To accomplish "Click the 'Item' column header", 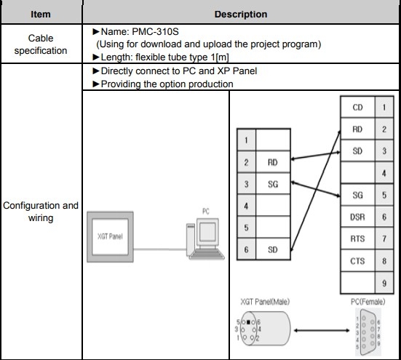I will (41, 14).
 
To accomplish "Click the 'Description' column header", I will (240, 14).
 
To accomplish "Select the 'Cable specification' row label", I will (41, 43).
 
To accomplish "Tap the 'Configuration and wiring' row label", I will (41, 212).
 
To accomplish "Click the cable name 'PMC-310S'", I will (164, 33).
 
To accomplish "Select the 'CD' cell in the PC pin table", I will (357, 108).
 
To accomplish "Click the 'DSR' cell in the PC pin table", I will (357, 217).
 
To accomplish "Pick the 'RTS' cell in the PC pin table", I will (357, 239).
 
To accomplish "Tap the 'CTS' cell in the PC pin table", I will (357, 260).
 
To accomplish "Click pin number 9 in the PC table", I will (383, 283).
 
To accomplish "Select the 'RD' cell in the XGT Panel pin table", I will (273, 163).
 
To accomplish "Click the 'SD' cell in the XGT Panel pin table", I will (273, 249).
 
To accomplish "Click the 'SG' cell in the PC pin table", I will (357, 195).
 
